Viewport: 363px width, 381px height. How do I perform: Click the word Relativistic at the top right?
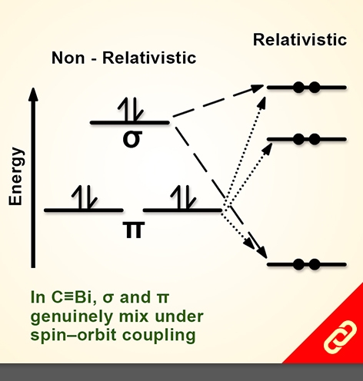(x=300, y=40)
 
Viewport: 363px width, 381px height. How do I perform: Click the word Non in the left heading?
(x=68, y=58)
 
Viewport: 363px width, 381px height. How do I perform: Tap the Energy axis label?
(x=16, y=176)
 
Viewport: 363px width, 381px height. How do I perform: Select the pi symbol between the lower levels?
(x=133, y=230)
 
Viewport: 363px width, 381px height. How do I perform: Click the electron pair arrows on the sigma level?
(x=131, y=109)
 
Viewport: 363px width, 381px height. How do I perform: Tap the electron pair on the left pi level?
(x=85, y=197)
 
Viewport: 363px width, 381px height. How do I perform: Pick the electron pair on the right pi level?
(x=183, y=197)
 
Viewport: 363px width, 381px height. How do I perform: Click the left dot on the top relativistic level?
(x=298, y=88)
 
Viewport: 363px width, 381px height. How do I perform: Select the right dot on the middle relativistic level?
(x=315, y=139)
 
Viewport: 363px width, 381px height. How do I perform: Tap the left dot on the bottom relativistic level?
(x=298, y=264)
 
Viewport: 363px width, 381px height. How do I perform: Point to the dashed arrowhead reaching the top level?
(x=257, y=88)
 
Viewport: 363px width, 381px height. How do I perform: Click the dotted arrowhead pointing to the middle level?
(x=268, y=149)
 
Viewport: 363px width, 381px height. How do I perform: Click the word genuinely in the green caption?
(x=72, y=317)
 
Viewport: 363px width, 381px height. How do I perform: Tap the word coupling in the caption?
(x=159, y=336)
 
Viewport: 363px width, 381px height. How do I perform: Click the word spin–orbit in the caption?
(x=75, y=336)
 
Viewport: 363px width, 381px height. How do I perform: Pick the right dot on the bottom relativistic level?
(x=315, y=264)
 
